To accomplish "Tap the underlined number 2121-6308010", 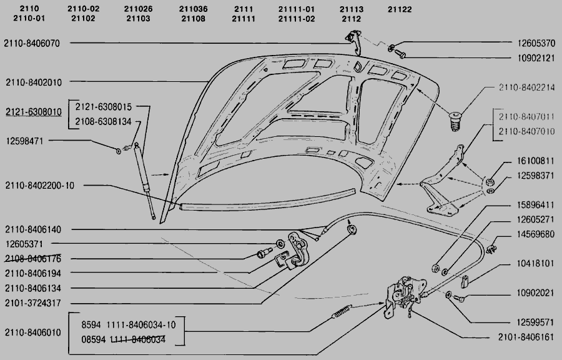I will (x=34, y=112).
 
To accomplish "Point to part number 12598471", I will (x=25, y=141).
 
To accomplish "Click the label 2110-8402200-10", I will (x=39, y=186).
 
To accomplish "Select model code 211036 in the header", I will (x=194, y=9).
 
